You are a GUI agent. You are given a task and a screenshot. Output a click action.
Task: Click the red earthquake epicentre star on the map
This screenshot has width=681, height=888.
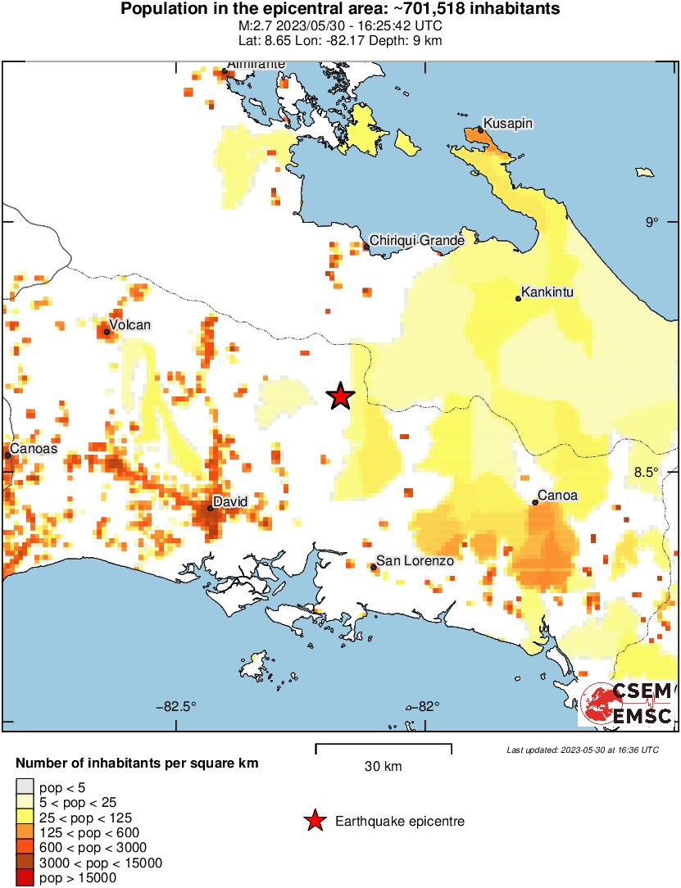[x=340, y=396]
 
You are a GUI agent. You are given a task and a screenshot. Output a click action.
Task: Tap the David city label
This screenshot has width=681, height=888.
[x=229, y=501]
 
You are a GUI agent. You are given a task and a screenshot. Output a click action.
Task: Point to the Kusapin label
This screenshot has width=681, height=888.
[x=508, y=123]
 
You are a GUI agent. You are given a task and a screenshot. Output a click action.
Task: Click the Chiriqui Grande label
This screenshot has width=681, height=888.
[x=417, y=240]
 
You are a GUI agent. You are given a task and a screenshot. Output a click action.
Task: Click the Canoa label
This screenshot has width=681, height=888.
[x=558, y=496]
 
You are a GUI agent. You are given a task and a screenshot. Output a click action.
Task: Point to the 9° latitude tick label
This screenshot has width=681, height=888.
[x=651, y=221]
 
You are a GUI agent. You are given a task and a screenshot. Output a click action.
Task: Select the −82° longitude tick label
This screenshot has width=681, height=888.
[x=424, y=705]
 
